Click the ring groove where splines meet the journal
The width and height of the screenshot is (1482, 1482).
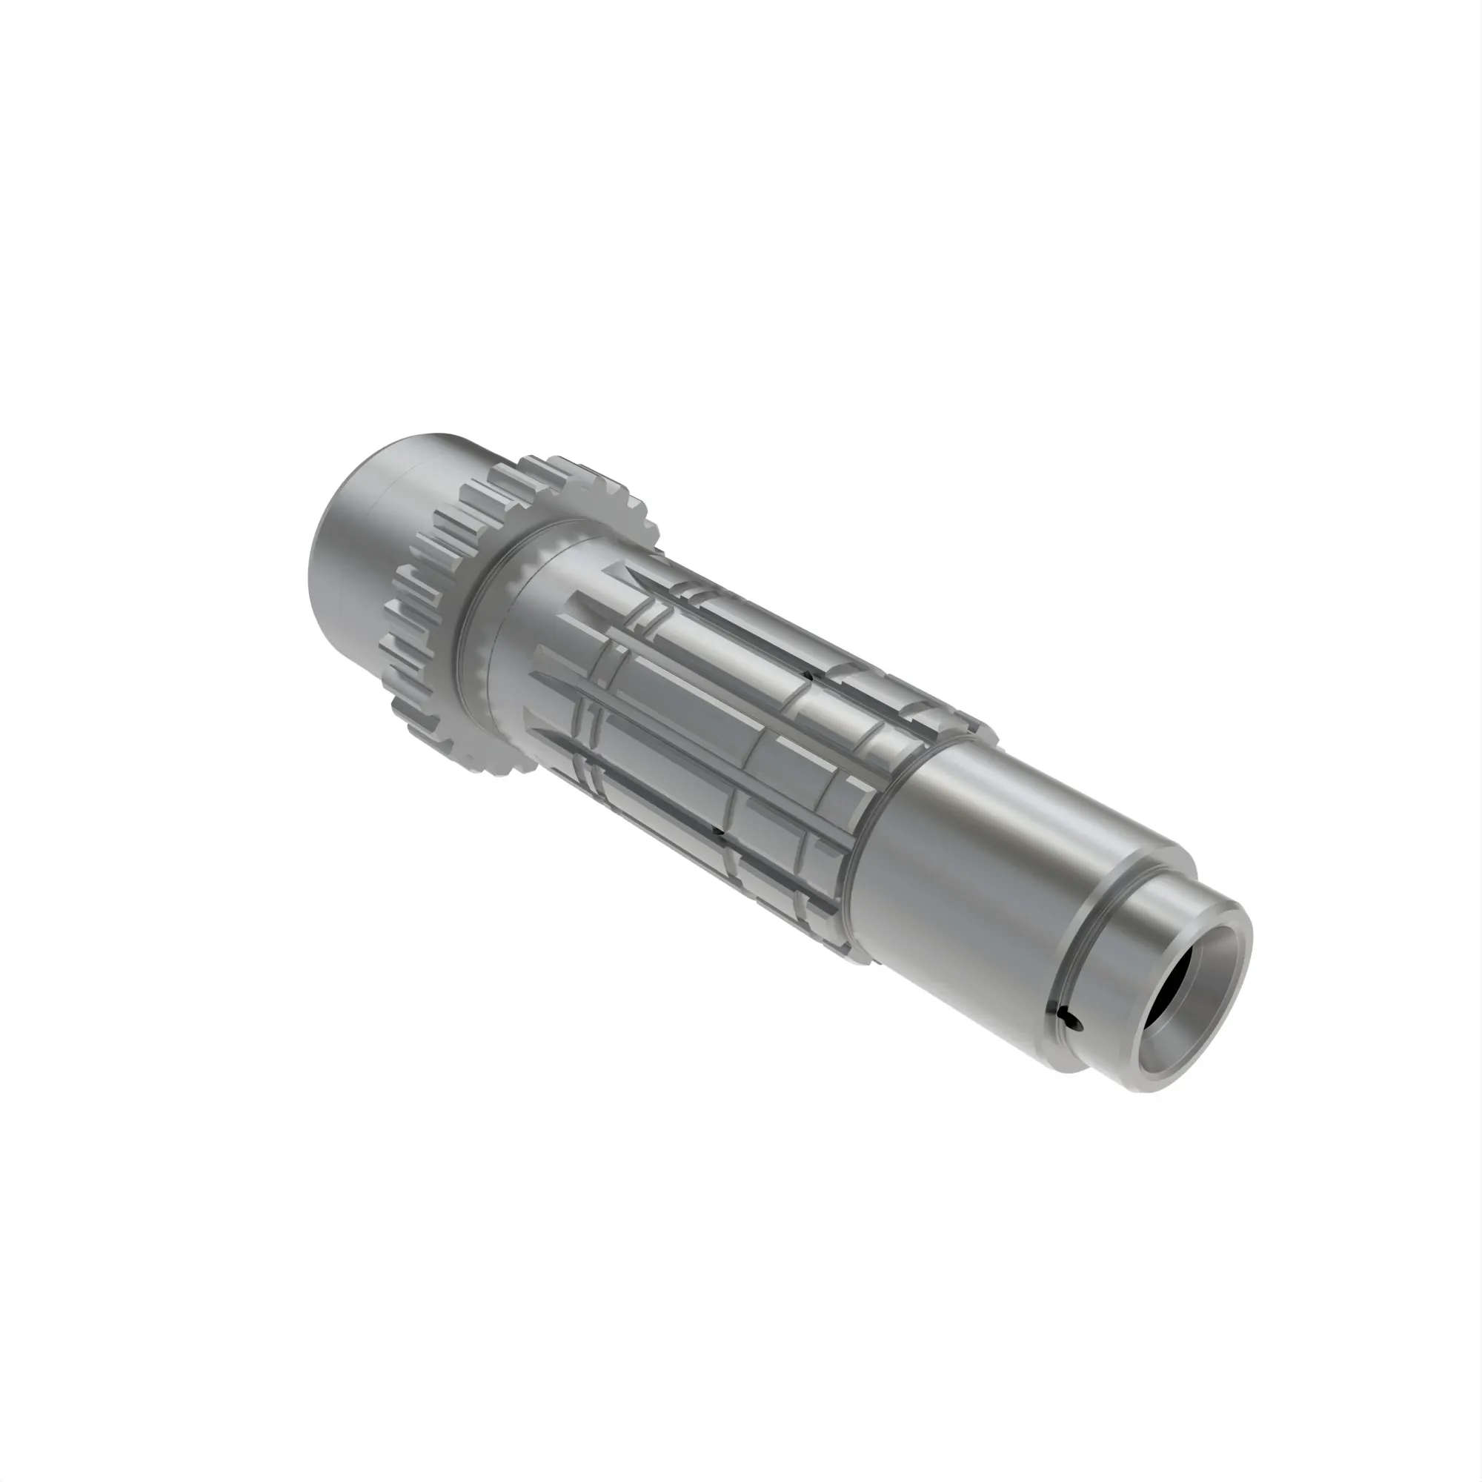tap(882, 836)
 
